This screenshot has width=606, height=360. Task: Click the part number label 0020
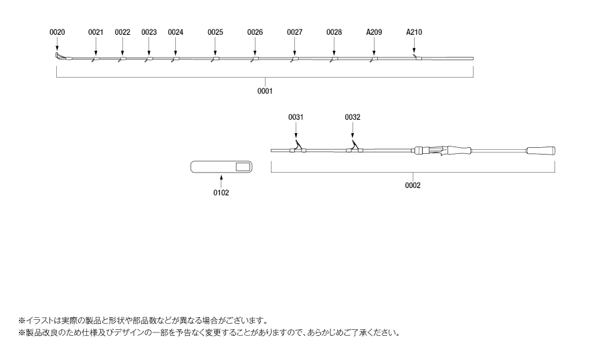coord(58,32)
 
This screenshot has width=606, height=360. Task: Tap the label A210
coord(414,32)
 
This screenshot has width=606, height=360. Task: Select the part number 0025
coord(215,32)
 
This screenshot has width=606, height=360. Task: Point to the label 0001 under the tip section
coord(265,91)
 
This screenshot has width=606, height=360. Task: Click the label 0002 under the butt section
coord(413,185)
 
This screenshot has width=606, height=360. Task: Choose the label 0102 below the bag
coord(221,193)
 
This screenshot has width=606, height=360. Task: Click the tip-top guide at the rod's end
coord(58,56)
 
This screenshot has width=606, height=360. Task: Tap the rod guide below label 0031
coord(298,147)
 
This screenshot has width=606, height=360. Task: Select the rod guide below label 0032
coord(355,147)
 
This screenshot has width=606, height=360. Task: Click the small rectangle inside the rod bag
coord(243,167)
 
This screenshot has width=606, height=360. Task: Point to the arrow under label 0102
coord(221,181)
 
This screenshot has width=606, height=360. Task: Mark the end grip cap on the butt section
coord(540,151)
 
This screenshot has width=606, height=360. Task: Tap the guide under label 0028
coord(334,59)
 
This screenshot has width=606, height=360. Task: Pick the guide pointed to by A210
coord(417,58)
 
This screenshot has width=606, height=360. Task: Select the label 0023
coord(148,32)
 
